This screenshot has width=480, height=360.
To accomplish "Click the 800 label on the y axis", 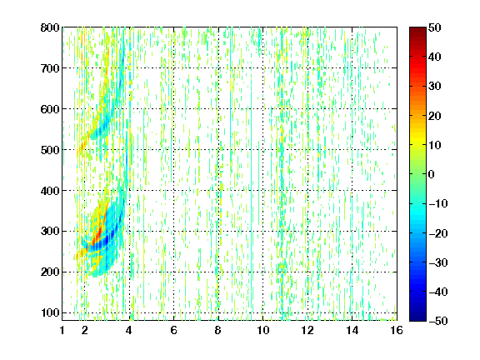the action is coord(50,27).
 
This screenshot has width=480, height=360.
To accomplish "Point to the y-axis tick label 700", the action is coord(50,68).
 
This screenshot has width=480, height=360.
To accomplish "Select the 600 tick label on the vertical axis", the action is coord(50,109).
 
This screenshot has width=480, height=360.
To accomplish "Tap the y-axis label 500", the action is coord(50,150).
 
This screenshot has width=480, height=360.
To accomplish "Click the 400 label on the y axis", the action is coord(50,191).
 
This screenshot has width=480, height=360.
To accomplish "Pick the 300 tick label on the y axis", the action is coord(50,231).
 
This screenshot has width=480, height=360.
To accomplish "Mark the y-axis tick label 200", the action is coord(50,272).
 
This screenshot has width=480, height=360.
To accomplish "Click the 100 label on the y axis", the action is coord(50,312).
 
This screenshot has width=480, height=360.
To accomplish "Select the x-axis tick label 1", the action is coord(62,330).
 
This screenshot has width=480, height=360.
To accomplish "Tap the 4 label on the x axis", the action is coord(128,330).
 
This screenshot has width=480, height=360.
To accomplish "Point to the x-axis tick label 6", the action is coord(173,330).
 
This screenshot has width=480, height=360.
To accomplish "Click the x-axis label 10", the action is coord(262,330).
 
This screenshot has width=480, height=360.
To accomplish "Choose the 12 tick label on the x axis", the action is coord(307,330).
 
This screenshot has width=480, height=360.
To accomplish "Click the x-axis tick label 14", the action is coord(352,330).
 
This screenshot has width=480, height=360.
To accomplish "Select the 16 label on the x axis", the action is coord(397,330).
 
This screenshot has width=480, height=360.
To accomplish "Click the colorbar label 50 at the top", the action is coord(435,27).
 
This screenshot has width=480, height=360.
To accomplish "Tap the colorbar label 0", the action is coord(431,174).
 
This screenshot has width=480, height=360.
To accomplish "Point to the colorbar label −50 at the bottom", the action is coord(438,321).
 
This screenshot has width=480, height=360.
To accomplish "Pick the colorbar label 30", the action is coord(435,86).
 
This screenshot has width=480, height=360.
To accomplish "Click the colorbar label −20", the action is coord(438,233).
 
